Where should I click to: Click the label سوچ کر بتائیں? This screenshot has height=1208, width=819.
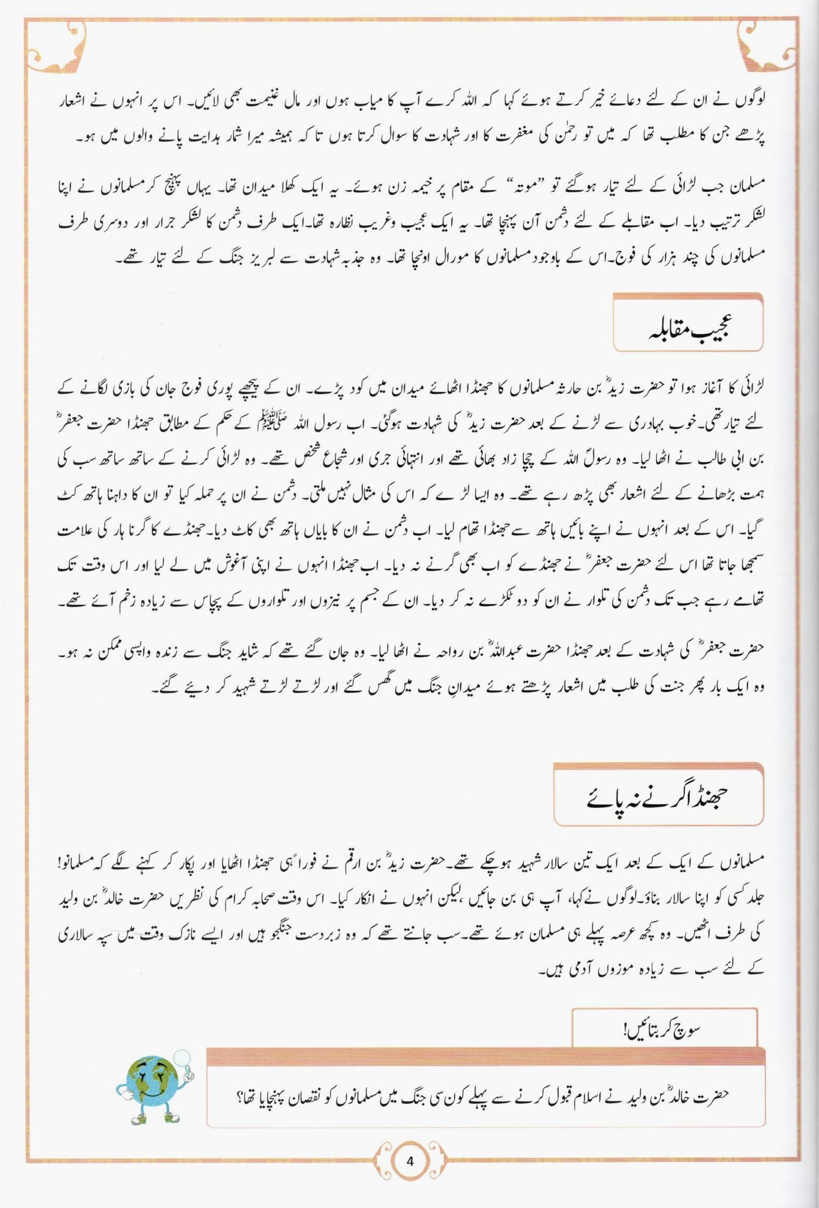point(663,1030)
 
